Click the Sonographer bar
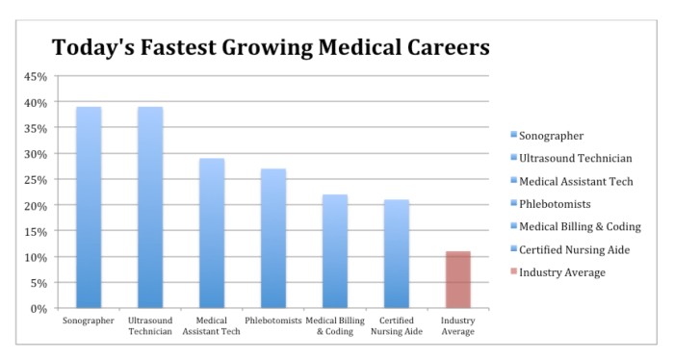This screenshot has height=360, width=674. (89, 207)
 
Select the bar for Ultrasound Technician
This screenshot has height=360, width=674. (150, 207)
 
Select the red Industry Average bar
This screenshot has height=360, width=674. (458, 279)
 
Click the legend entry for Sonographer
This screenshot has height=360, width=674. (551, 137)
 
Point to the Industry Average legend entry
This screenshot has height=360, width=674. (562, 272)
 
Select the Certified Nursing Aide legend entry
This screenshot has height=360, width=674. (574, 249)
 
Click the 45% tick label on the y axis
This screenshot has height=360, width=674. (35, 76)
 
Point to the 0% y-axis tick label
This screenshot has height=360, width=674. (38, 309)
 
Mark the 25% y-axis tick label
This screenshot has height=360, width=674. (35, 180)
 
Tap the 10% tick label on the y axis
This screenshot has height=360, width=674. (35, 257)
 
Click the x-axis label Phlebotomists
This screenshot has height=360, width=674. (273, 321)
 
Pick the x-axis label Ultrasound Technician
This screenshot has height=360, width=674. (150, 326)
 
